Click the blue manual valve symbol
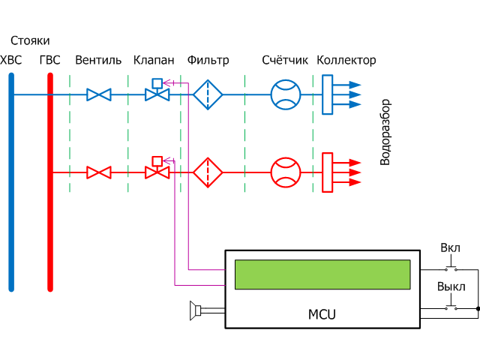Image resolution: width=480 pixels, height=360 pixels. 98,94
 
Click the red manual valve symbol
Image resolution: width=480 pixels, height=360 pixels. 98,172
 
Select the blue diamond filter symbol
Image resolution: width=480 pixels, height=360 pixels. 208,94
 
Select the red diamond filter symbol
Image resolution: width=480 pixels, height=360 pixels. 208,172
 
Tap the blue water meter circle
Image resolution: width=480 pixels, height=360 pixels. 285,94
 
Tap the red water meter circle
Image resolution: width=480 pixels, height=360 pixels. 285,172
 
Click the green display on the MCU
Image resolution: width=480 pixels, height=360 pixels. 322,274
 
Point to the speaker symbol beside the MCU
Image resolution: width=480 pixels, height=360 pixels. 196,310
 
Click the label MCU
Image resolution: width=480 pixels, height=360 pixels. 322,314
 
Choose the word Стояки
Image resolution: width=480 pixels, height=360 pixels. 30,40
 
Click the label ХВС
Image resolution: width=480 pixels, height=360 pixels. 12,60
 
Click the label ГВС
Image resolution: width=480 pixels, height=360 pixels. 49,60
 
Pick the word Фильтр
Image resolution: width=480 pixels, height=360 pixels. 208,60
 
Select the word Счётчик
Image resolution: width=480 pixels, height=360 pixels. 285,60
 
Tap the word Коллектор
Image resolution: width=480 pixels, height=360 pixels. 346,60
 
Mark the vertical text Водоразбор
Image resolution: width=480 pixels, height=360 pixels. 385,132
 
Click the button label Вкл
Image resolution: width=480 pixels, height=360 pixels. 450,248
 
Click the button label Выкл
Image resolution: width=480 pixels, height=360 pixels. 451,287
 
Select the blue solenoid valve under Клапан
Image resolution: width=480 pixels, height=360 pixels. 157,93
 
